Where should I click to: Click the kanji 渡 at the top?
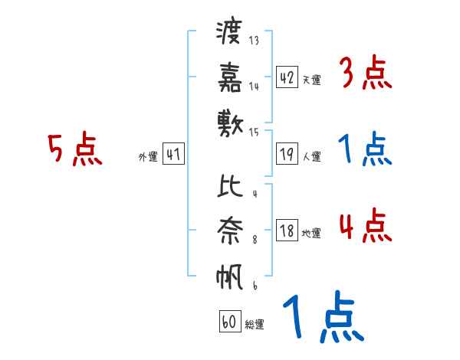pyautogui.click(x=228, y=33)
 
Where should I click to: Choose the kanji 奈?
pyautogui.click(x=228, y=231)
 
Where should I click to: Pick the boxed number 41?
pyautogui.click(x=173, y=155)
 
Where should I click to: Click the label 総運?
pyautogui.click(x=254, y=324)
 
